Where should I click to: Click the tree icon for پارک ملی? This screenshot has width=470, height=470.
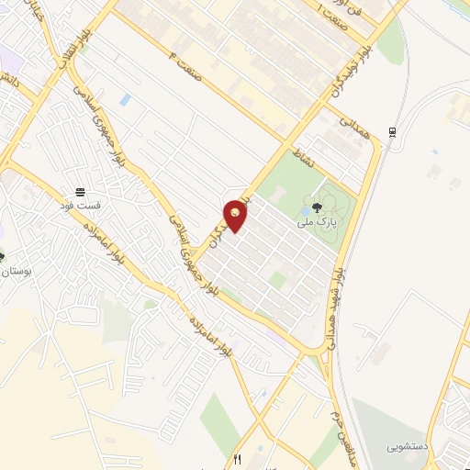point(317,207)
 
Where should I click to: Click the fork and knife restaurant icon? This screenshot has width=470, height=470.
point(237,460)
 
